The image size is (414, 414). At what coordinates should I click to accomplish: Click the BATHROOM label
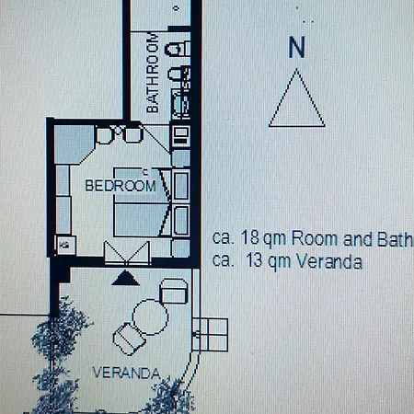click(154, 74)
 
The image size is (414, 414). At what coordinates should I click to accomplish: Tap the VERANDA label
click(127, 373)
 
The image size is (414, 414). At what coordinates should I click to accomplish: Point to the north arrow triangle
click(294, 99)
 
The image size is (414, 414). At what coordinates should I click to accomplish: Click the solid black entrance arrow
click(125, 275)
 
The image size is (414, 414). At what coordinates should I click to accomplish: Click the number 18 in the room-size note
click(248, 236)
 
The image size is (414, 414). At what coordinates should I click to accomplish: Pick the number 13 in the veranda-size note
click(258, 260)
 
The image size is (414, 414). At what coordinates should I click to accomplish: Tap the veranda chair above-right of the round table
click(174, 292)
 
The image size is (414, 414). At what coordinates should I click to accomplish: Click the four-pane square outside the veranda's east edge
click(210, 332)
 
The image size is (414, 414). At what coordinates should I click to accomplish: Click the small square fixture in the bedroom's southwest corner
click(65, 244)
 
